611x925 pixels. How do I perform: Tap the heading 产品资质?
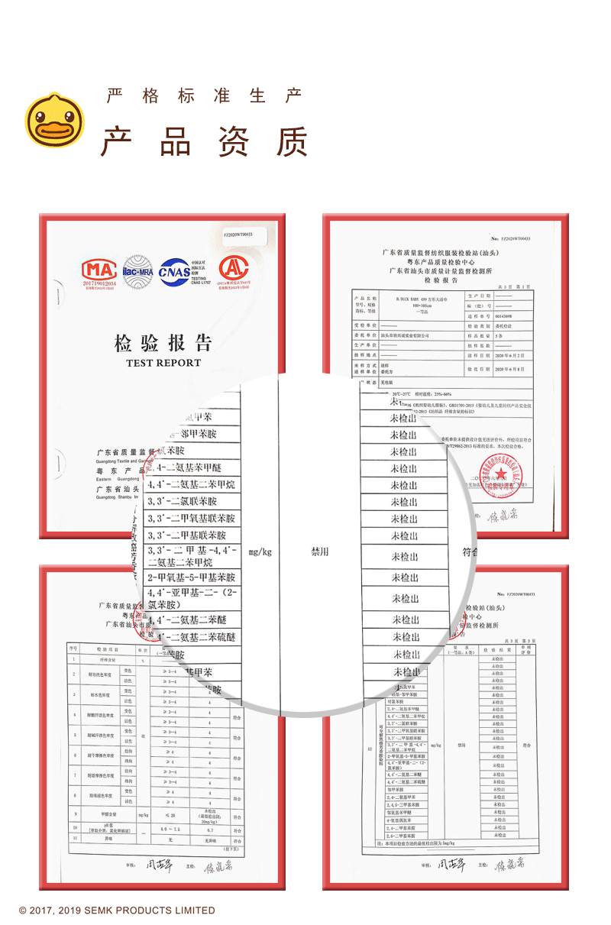coord(205,141)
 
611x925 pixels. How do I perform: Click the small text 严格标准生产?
coord(205,96)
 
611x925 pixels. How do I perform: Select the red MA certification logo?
coord(100,270)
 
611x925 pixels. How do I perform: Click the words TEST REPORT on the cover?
coord(163,363)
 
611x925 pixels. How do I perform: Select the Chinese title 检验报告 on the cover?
coord(163,342)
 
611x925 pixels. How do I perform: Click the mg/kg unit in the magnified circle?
coord(260,551)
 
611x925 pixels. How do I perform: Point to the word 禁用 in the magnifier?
coord(320,551)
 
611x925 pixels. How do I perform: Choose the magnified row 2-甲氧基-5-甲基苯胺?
coord(192,577)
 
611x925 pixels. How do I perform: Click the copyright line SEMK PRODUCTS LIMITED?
coord(117,910)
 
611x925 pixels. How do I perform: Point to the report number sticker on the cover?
coord(238,234)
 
